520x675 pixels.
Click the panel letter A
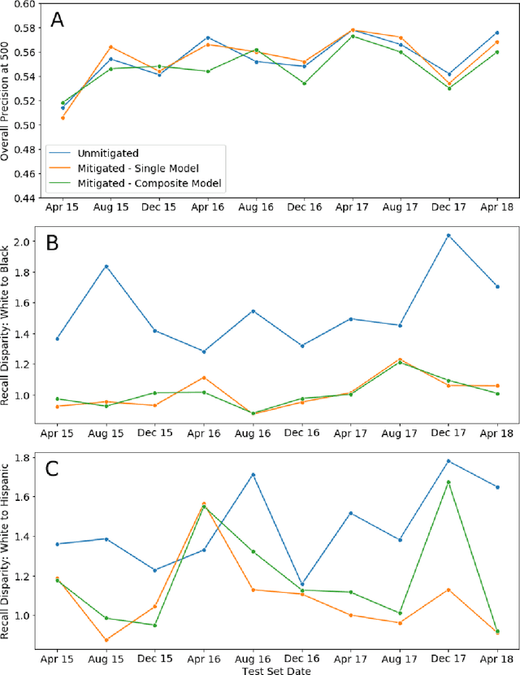pyautogui.click(x=57, y=20)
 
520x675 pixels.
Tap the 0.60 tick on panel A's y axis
pyautogui.click(x=24, y=4)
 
